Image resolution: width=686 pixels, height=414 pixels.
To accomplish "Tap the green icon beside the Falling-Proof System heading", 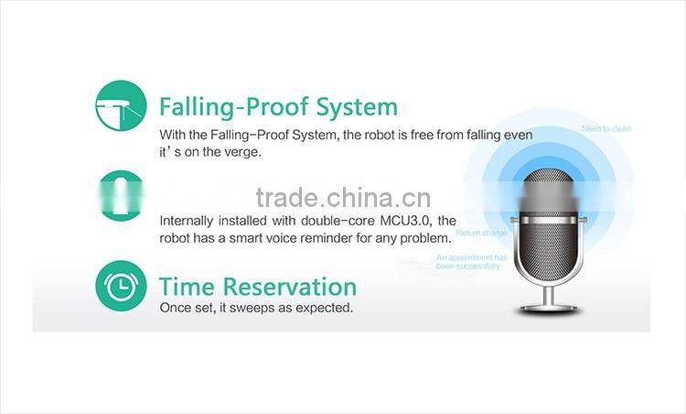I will (120, 106).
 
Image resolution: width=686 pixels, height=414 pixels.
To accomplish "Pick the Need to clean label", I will (606, 129).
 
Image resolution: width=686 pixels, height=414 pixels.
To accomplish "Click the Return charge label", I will (481, 234).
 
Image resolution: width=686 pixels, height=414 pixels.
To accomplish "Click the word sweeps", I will (251, 308).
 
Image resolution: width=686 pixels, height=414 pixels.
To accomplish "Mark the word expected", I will (325, 309).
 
